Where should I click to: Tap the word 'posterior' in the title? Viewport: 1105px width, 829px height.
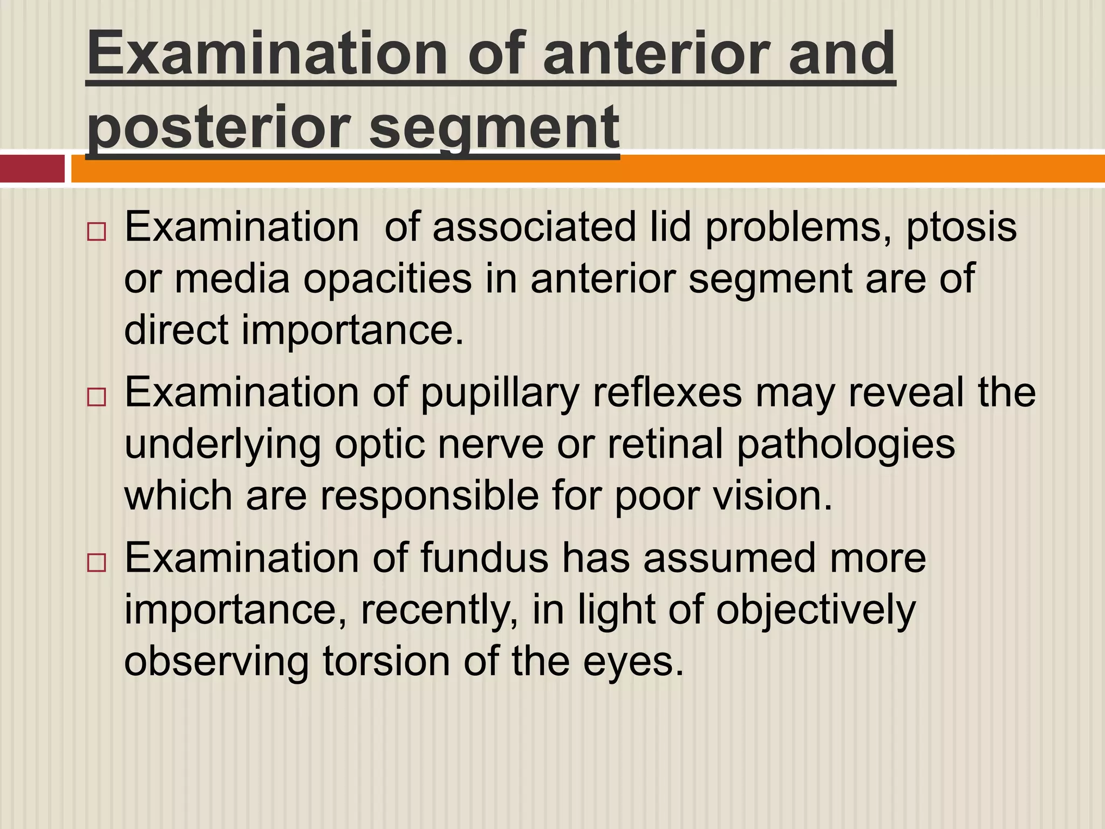coord(216,127)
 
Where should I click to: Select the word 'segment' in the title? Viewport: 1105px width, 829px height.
coord(494,127)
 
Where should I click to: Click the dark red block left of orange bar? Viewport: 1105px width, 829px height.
coord(32,168)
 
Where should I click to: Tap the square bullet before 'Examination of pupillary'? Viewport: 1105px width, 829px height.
coord(96,398)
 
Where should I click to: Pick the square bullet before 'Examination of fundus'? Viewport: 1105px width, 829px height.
coord(96,563)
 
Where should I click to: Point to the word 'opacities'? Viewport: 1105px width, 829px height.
coord(387,278)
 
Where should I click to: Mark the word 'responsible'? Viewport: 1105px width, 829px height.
coord(429,496)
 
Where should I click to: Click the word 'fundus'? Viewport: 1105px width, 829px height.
coord(485,558)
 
